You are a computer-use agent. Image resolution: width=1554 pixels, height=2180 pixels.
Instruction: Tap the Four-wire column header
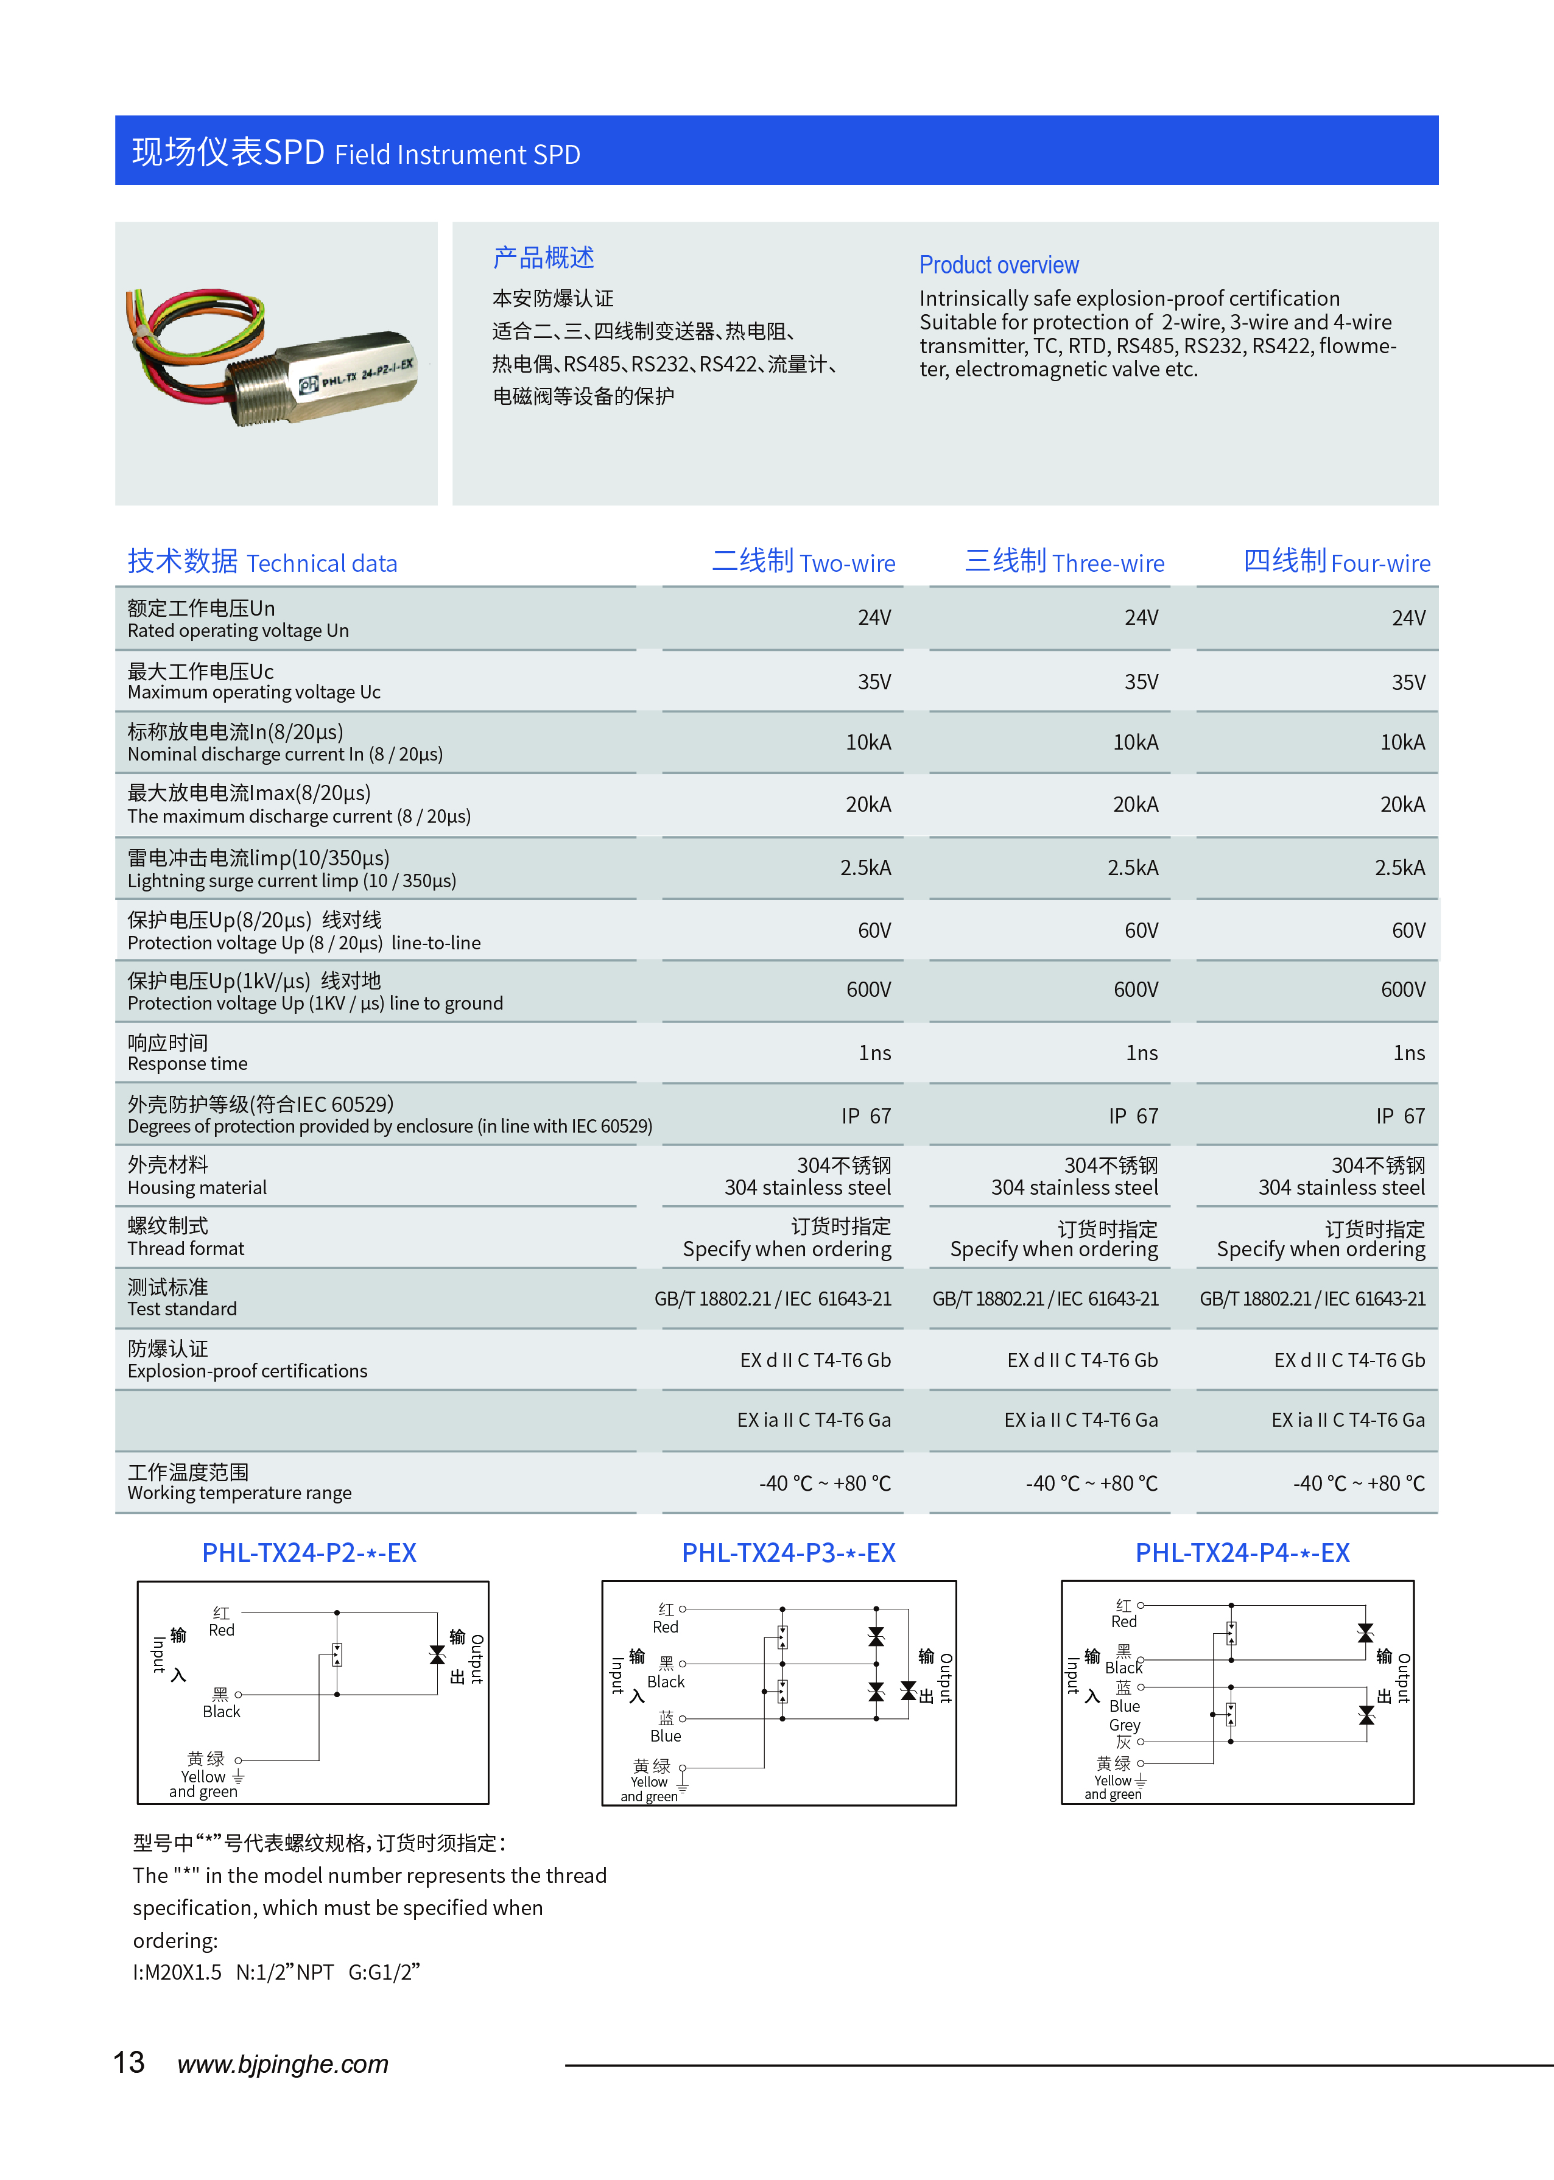pyautogui.click(x=1336, y=562)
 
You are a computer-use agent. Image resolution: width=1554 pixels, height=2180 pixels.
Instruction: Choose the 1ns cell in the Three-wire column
pyautogui.click(x=1142, y=1053)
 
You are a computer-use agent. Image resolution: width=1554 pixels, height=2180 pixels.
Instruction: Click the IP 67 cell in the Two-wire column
pyautogui.click(x=866, y=1116)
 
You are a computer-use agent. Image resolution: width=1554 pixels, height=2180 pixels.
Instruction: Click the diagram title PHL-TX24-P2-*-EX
pyautogui.click(x=309, y=1552)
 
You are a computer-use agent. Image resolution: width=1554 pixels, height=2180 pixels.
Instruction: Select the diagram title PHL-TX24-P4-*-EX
pyautogui.click(x=1242, y=1552)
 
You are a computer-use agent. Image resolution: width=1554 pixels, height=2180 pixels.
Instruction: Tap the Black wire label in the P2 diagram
pyautogui.click(x=221, y=1711)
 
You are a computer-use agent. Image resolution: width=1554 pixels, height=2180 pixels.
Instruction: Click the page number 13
pyautogui.click(x=128, y=2062)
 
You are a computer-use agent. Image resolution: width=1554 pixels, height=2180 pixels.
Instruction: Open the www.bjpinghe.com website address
pyautogui.click(x=283, y=2064)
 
